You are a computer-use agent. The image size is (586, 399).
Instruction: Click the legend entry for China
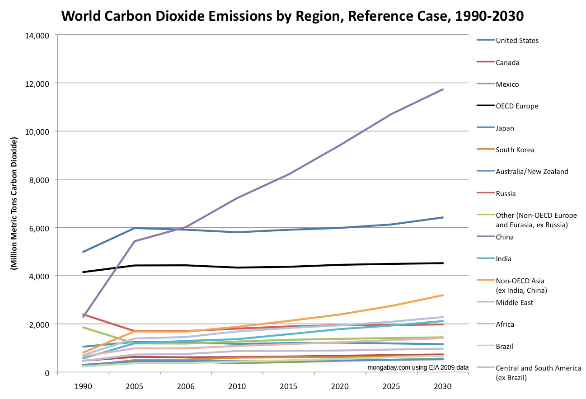point(505,237)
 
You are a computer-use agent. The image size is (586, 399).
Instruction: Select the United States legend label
point(517,41)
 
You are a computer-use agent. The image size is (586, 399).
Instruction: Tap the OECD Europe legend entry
point(517,106)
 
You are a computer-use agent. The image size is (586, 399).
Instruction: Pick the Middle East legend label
point(514,303)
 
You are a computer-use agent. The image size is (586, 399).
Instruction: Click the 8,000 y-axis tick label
point(40,180)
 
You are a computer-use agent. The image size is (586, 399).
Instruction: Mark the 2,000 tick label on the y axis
point(40,324)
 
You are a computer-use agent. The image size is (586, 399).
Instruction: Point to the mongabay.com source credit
point(417,367)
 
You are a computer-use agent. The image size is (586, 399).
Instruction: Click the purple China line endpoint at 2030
point(442,89)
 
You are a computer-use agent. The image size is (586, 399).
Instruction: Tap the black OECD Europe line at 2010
point(237,268)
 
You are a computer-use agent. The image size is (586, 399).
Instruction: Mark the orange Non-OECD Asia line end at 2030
point(442,295)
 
